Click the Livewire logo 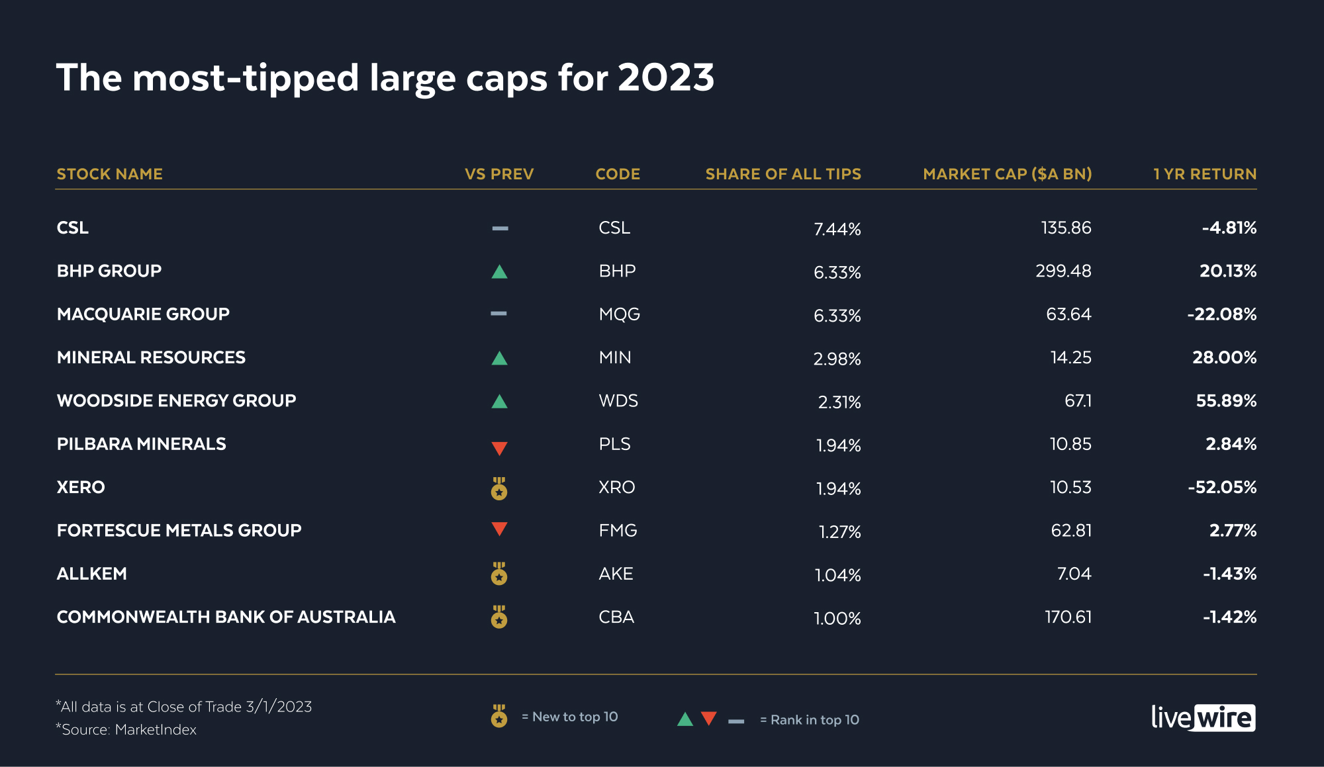pos(1203,717)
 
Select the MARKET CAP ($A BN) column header pos(1007,174)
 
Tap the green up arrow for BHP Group pos(499,272)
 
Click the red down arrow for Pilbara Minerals pos(499,448)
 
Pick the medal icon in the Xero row pos(499,489)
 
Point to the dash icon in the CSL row pos(500,228)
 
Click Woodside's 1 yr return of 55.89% pos(1226,401)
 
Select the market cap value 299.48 pos(1063,271)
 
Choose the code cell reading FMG pos(618,531)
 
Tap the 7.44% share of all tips pos(837,229)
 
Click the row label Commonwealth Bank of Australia pos(226,617)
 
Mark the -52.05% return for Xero pos(1222,488)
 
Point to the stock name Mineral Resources pos(151,357)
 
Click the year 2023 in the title pos(665,78)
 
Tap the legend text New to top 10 pos(575,717)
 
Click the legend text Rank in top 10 pos(814,720)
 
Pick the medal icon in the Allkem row pos(499,574)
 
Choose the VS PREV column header pos(498,174)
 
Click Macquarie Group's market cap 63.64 pos(1068,314)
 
